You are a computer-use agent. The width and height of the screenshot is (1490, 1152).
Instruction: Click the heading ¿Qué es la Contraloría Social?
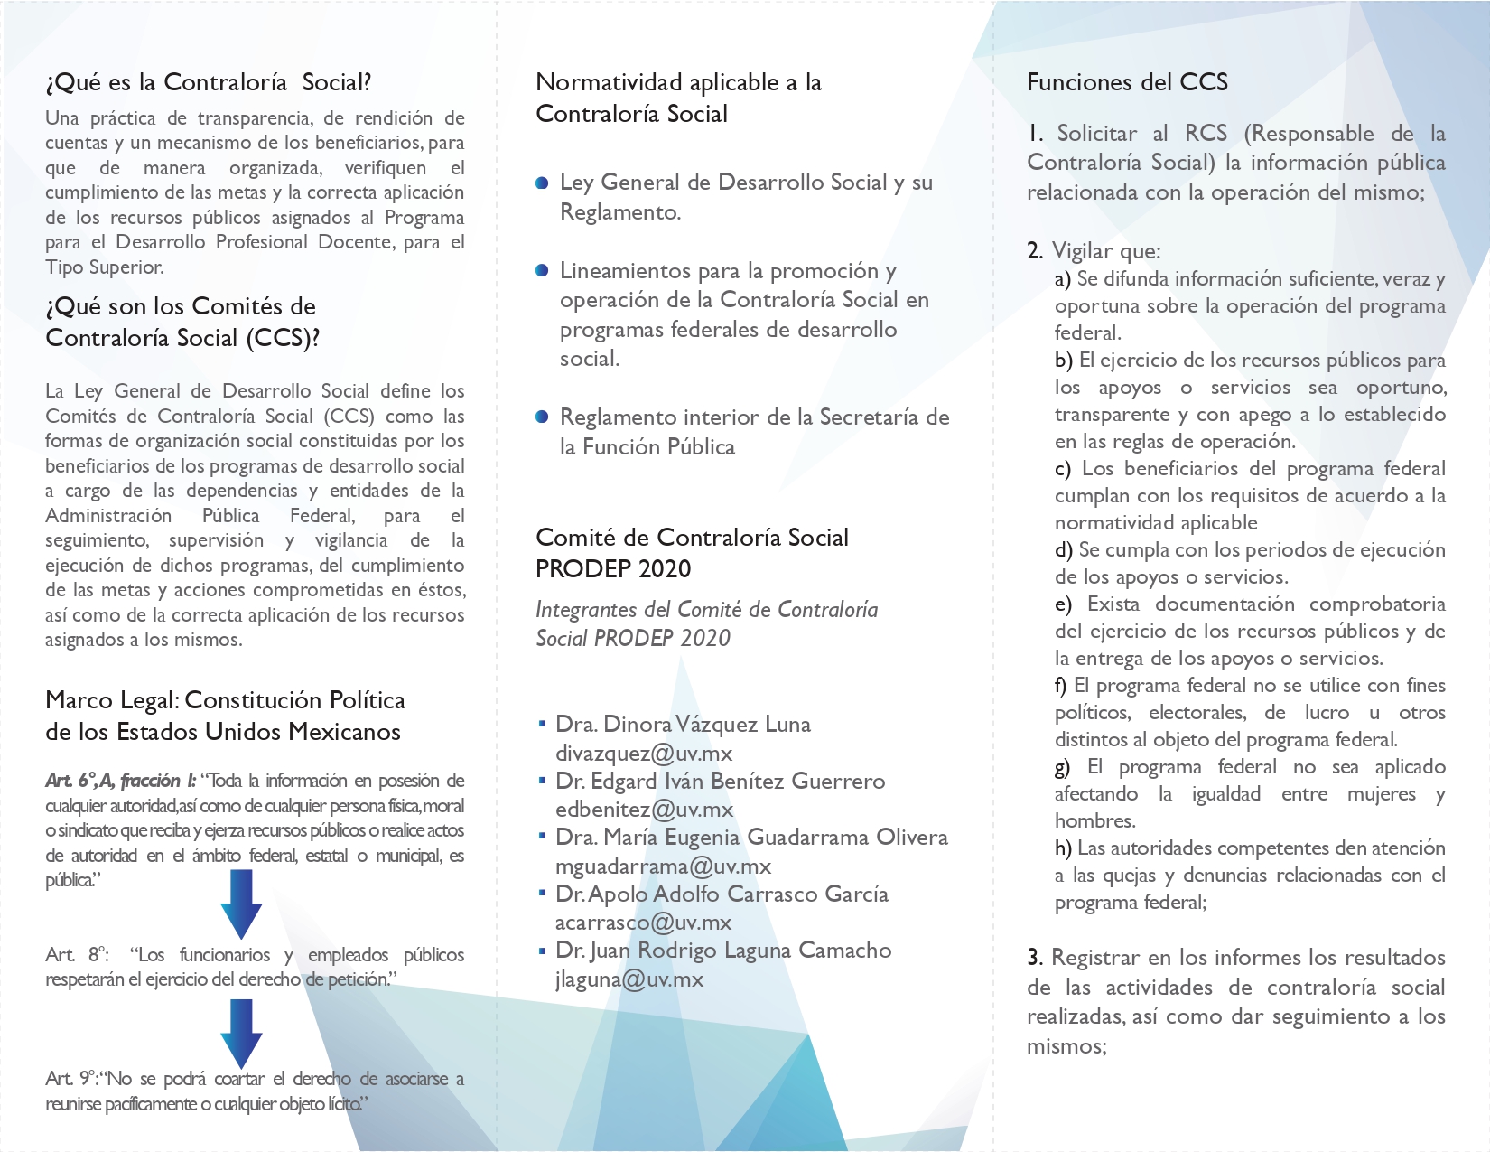209,82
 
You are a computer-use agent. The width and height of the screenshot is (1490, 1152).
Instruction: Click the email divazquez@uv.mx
644,753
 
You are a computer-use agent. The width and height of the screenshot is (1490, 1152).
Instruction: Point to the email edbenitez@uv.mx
644,810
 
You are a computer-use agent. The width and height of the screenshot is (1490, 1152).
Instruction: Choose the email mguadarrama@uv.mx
663,866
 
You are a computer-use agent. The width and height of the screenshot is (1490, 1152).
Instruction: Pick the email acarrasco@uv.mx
643,923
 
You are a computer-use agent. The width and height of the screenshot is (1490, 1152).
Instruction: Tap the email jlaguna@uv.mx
629,979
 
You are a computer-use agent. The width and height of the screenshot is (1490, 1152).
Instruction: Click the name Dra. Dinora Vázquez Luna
683,724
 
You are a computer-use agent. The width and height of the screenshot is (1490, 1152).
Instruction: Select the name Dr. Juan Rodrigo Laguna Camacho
723,951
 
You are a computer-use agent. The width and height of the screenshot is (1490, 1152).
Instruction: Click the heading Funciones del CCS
1127,82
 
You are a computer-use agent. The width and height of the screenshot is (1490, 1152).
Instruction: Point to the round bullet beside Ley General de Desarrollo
542,183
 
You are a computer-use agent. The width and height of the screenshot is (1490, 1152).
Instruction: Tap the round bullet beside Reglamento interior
542,417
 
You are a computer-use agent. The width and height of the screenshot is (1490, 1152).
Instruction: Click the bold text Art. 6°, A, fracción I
120,781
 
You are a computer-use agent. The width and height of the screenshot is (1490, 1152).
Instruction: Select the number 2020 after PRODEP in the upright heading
665,569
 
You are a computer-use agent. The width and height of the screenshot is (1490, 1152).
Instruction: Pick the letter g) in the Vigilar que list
1062,767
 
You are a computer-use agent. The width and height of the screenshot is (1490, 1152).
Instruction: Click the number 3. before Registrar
1035,958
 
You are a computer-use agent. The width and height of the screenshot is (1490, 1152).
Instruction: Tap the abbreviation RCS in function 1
1206,134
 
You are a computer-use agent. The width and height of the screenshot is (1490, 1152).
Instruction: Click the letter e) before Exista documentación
1063,604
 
